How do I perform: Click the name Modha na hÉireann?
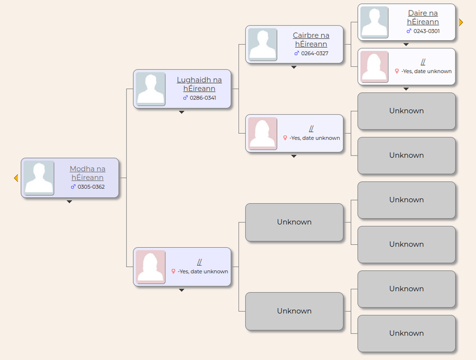(x=87, y=173)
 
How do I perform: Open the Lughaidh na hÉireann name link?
(x=199, y=84)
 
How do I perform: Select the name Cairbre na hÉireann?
(x=311, y=40)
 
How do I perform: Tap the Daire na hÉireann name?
(x=423, y=17)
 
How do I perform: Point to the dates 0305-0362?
(x=91, y=187)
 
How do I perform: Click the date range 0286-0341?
(x=203, y=98)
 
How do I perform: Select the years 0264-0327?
(x=314, y=53)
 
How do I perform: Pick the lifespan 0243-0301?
(x=426, y=31)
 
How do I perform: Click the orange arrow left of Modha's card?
(x=16, y=178)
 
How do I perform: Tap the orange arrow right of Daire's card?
(x=461, y=22)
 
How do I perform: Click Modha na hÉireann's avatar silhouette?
(x=39, y=178)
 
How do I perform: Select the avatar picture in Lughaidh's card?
(x=151, y=89)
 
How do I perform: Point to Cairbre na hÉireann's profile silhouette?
(x=263, y=45)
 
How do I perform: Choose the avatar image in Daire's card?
(x=374, y=22)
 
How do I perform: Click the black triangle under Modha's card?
(x=69, y=201)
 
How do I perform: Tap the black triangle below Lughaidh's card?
(x=182, y=112)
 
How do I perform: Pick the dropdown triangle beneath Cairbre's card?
(x=294, y=68)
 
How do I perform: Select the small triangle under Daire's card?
(x=406, y=45)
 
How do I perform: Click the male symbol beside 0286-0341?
(x=185, y=98)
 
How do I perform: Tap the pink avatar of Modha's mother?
(x=151, y=267)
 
